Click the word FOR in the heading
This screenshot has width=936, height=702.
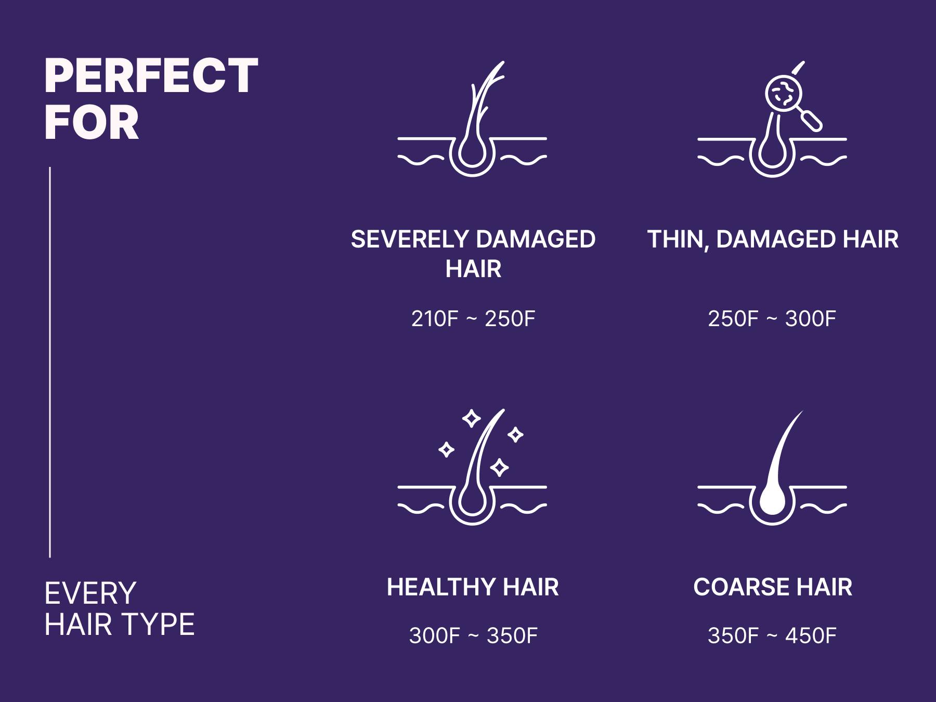[x=92, y=123]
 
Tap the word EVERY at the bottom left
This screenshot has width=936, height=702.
[x=90, y=593]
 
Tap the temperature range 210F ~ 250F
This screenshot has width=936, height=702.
[x=473, y=319]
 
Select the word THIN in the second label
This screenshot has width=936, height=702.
[x=677, y=239]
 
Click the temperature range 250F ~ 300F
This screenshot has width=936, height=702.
[x=772, y=319]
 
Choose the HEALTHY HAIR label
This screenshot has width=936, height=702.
[x=473, y=587]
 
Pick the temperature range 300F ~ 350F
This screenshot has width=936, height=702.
[x=473, y=636]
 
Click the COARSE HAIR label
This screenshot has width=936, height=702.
[x=772, y=587]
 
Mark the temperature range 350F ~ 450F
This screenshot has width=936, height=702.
[x=772, y=636]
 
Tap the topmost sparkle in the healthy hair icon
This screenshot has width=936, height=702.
[x=472, y=419]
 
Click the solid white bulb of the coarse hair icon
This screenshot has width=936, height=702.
[x=772, y=502]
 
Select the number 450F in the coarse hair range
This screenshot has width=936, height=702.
[x=811, y=636]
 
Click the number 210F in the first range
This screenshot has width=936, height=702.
[x=435, y=319]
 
